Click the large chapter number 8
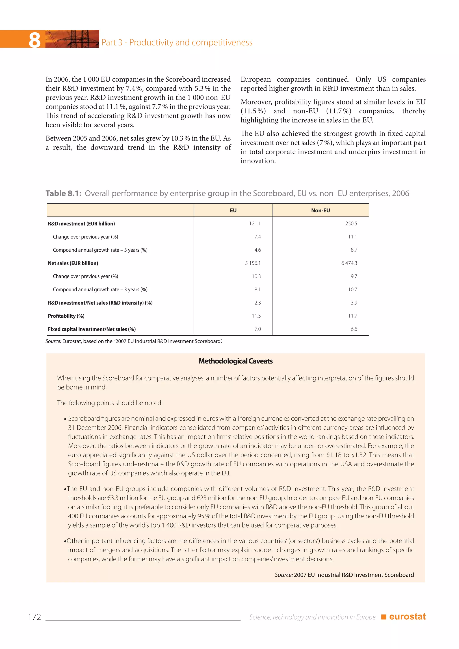click(x=35, y=40)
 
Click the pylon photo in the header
click(x=72, y=39)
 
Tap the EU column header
click(x=233, y=210)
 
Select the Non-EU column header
click(x=320, y=210)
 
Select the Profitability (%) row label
click(x=66, y=316)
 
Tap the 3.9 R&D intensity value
click(x=354, y=303)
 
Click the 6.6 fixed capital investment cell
click(x=354, y=329)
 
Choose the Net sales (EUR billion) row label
click(x=73, y=263)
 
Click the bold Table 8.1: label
click(x=64, y=193)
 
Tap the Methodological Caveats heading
click(x=235, y=361)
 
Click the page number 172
click(x=35, y=617)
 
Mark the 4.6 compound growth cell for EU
click(x=258, y=250)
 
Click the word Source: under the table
click(x=53, y=341)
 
